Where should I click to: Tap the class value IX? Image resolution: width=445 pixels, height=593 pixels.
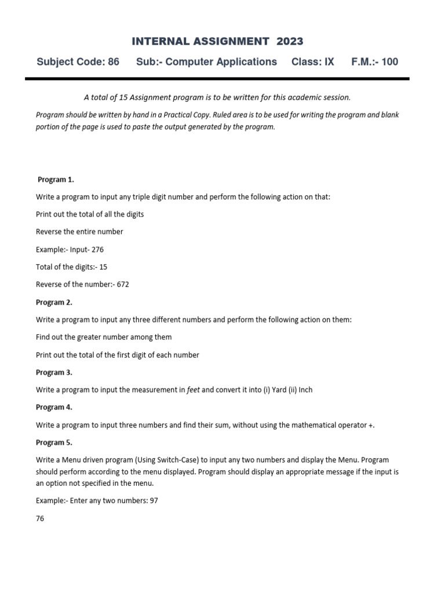[329, 62]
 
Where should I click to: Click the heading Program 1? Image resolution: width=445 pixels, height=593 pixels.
[56, 179]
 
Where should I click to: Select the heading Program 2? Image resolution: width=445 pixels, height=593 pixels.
[54, 302]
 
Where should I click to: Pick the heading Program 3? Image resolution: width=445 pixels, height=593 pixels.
[54, 372]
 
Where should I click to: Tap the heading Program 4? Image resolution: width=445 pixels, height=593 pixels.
[54, 407]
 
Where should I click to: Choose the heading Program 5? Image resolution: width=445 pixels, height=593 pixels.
[54, 442]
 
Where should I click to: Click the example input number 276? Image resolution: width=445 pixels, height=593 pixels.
[98, 250]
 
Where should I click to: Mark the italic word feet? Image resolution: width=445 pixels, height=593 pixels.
[194, 390]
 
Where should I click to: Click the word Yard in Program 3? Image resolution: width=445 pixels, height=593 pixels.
[279, 390]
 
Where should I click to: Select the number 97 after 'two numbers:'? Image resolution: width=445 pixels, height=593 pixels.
[154, 501]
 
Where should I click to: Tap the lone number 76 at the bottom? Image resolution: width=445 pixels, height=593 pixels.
[40, 518]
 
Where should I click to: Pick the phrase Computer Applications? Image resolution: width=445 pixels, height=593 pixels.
[221, 62]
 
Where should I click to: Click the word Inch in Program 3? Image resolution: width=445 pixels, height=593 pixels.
[305, 390]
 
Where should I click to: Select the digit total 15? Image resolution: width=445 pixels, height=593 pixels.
[103, 267]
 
